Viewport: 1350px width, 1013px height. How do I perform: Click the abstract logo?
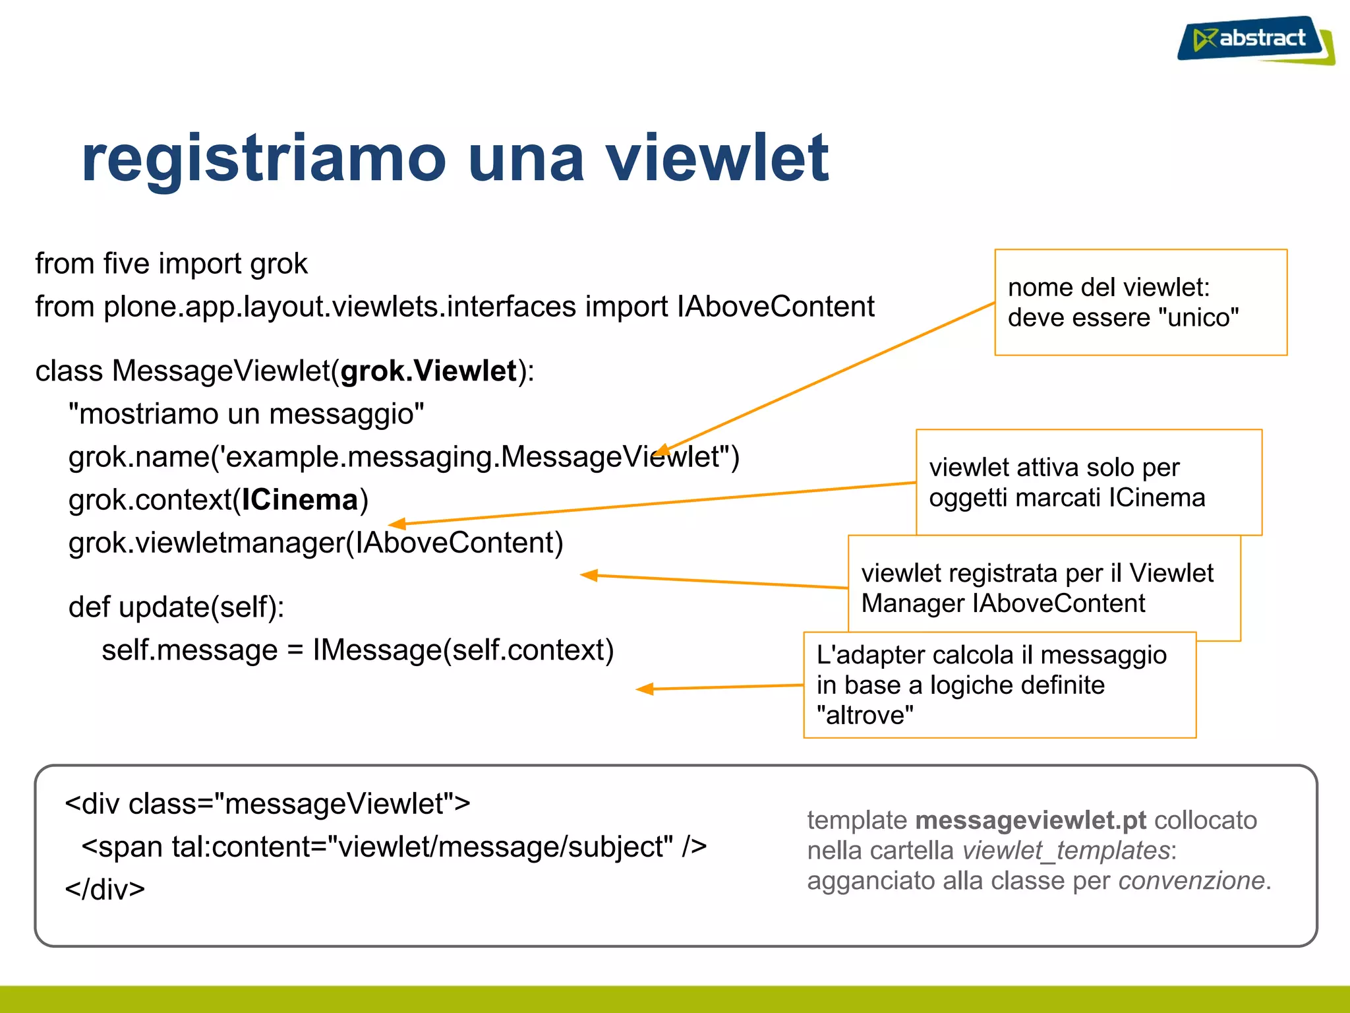[1256, 40]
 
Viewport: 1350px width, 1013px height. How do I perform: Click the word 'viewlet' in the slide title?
[717, 158]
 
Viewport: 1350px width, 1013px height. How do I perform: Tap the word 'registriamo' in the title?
[264, 158]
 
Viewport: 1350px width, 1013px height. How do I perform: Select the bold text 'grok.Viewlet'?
[428, 371]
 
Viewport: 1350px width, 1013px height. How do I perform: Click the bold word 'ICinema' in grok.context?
[299, 500]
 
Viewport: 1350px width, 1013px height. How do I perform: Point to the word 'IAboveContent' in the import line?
[776, 307]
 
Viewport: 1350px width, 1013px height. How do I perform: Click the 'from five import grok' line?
[171, 264]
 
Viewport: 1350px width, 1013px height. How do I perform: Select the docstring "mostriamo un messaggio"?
[247, 414]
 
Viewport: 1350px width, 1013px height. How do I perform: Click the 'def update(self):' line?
[177, 607]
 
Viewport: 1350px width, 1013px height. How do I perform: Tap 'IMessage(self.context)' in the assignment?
[463, 650]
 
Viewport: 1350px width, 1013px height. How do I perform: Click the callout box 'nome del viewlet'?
[1140, 302]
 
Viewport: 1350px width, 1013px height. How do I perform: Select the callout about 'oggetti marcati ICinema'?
[1088, 482]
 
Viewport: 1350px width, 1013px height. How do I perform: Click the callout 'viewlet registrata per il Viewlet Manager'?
[1043, 588]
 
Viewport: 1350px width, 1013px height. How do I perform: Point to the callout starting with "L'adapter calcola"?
[999, 685]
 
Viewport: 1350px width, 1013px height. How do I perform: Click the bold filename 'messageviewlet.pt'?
[1031, 820]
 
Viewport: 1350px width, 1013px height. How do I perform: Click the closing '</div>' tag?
[105, 890]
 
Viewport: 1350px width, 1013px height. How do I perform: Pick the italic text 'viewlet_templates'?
[1066, 851]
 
